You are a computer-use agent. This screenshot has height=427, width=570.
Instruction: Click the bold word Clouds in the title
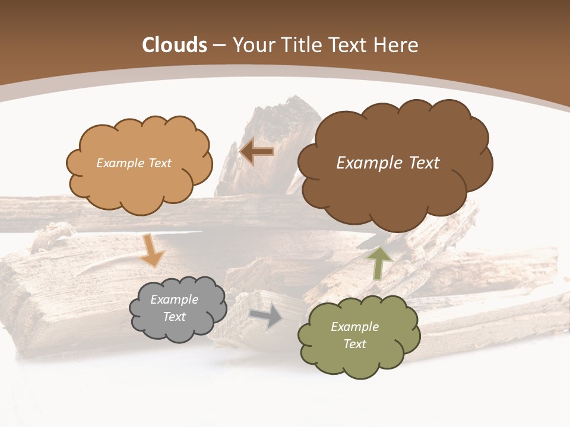175,45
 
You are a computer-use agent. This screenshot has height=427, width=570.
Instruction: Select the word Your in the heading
252,45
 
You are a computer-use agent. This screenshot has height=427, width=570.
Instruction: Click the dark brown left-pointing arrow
256,152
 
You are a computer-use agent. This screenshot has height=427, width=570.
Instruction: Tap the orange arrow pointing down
153,250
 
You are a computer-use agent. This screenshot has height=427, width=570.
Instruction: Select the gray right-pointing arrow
267,316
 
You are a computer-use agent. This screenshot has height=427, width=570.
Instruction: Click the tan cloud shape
139,178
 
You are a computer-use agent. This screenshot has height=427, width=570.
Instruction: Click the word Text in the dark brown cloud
422,163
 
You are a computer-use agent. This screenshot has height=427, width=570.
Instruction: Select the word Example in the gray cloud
175,299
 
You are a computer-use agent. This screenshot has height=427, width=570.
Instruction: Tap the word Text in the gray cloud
175,317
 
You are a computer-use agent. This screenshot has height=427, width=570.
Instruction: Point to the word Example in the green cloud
354,327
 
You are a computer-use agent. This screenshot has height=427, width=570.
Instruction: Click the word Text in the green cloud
354,344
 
